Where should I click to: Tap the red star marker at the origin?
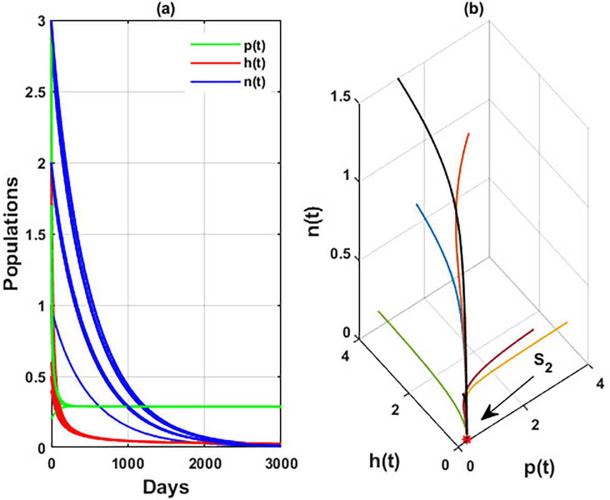click(x=467, y=440)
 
